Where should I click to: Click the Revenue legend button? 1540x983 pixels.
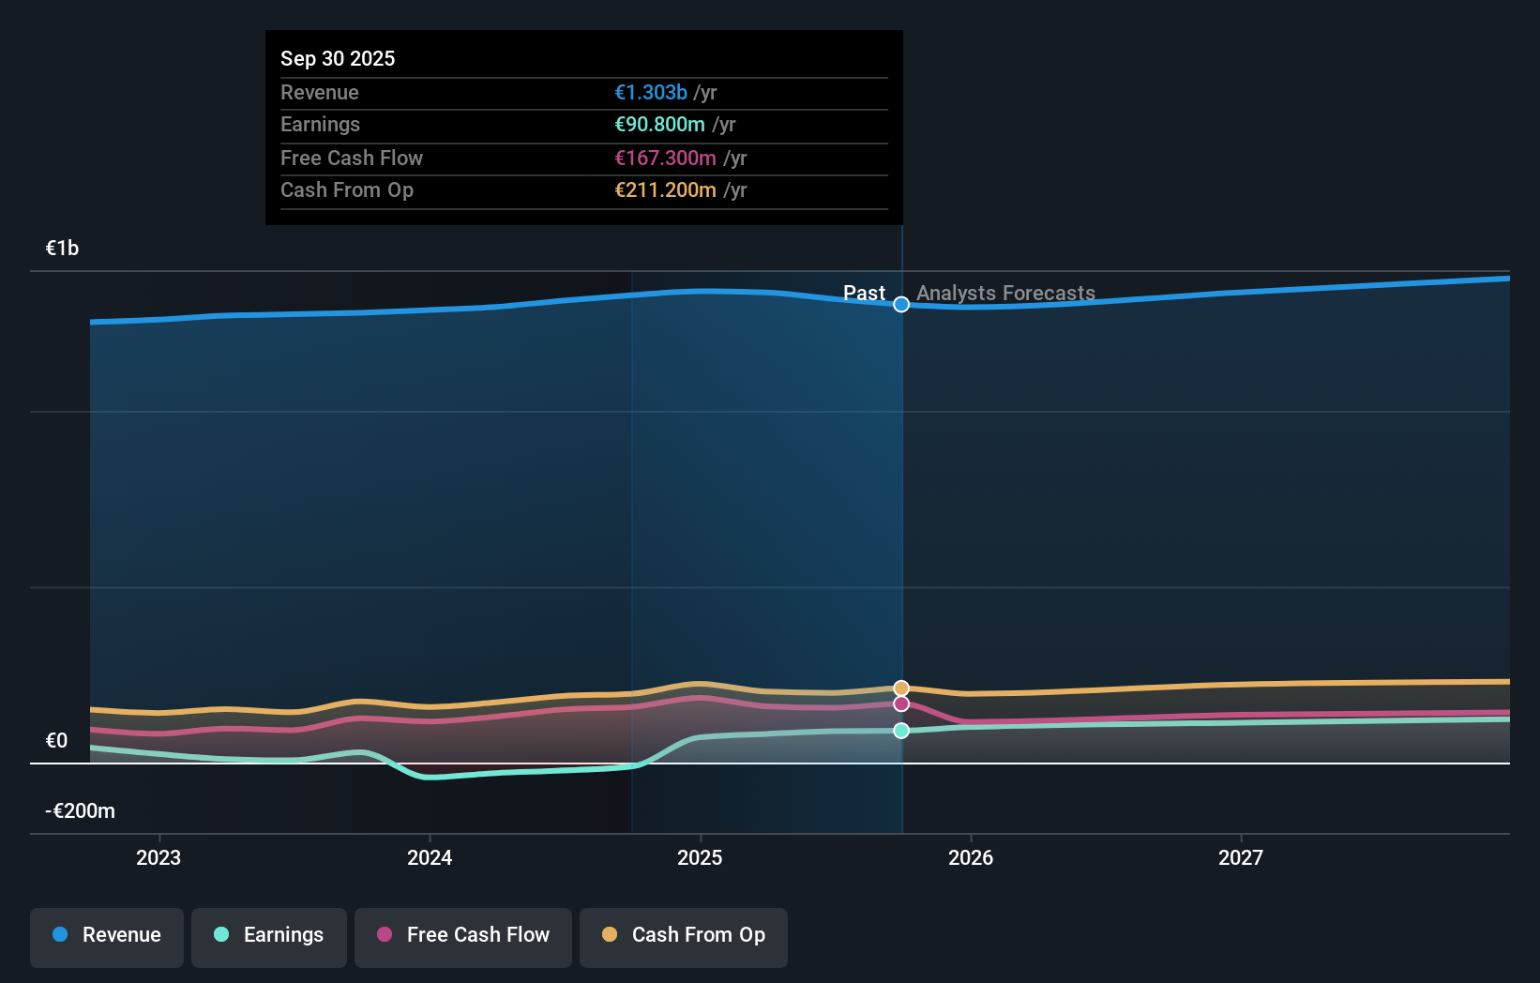[107, 935]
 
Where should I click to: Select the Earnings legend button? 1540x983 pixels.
[269, 935]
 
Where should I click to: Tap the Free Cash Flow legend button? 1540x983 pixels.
[463, 935]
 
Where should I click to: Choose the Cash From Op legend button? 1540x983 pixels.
[684, 935]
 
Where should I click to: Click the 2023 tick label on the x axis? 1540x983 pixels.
[159, 857]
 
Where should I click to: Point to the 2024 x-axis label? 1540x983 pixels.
[430, 857]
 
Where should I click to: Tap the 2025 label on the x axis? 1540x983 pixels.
[700, 857]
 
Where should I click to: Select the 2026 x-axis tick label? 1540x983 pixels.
[971, 857]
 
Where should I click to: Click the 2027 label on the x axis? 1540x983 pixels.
[1241, 857]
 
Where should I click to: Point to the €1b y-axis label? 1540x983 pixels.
[62, 248]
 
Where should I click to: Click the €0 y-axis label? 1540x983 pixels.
[56, 740]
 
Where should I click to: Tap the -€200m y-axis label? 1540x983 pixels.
[80, 810]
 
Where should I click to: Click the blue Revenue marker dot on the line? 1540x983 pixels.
[901, 304]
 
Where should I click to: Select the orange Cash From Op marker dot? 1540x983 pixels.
[901, 688]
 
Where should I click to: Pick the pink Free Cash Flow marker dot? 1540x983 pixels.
[901, 703]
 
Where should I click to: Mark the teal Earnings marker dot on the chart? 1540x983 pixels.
[901, 731]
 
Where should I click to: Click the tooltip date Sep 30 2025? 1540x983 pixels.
[338, 58]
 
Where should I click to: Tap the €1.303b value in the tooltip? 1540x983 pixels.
[651, 92]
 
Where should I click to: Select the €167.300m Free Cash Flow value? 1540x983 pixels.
[665, 158]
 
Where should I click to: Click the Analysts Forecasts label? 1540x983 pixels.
[1005, 293]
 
